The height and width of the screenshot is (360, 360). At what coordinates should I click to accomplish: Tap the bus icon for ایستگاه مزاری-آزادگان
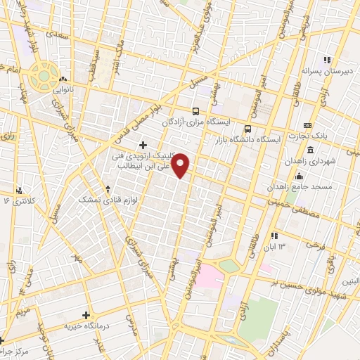click(x=195, y=112)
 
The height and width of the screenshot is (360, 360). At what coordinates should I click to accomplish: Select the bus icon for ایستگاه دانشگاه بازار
click(x=247, y=129)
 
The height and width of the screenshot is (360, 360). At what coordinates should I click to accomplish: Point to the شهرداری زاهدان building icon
click(x=310, y=150)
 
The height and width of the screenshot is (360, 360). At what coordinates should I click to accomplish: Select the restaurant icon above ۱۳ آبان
click(x=274, y=236)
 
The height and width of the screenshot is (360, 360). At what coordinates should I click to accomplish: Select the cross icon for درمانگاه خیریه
click(x=86, y=316)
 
